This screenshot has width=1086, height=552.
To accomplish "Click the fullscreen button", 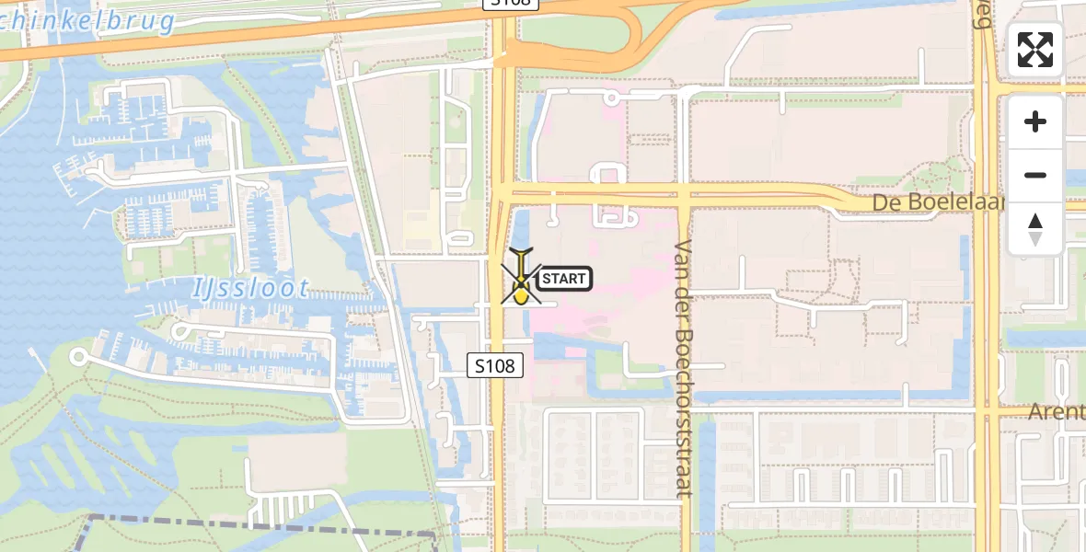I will click(x=1035, y=50).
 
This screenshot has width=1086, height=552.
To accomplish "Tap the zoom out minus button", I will click(x=1035, y=175).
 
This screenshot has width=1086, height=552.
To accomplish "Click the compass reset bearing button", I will click(x=1035, y=228).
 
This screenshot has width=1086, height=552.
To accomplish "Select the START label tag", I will click(x=563, y=278).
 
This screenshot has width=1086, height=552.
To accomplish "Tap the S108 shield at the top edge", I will click(x=511, y=5).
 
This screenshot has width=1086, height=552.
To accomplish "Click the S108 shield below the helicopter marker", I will click(x=495, y=365).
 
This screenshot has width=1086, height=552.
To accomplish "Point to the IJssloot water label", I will click(x=250, y=288).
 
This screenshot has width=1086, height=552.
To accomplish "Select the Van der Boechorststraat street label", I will click(x=683, y=368).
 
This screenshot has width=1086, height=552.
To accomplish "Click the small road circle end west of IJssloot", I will click(x=78, y=356).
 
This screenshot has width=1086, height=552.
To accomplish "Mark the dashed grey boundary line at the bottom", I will click(x=258, y=526).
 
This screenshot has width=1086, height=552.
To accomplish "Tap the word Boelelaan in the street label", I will click(x=958, y=202).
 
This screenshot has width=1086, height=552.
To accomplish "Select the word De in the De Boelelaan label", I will click(x=889, y=202).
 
